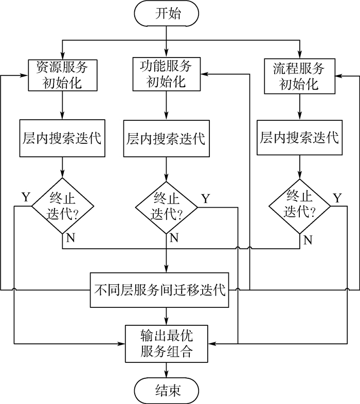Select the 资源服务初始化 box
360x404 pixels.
pos(62,75)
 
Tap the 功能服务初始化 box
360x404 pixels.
pos(166,74)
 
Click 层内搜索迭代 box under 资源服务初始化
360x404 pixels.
pos(62,138)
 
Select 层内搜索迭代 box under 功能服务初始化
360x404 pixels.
pos(166,138)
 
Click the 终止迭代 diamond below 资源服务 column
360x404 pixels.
pos(62,206)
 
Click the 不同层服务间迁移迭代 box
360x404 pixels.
pos(160,290)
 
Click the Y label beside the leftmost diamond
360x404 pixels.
pos(25,197)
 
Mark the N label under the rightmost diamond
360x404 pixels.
pos(308,240)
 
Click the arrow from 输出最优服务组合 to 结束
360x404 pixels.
pos(167,370)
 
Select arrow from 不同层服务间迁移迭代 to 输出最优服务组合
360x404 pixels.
pos(167,316)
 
